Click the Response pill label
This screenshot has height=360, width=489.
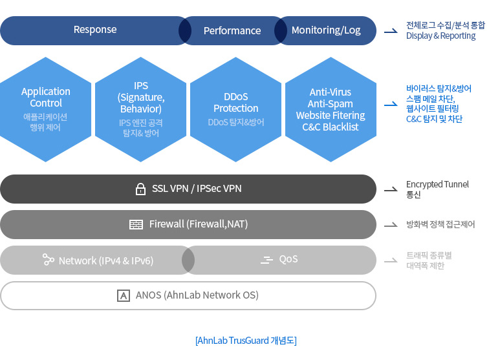95,30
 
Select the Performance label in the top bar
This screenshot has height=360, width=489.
232,30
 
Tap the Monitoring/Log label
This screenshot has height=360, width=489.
326,30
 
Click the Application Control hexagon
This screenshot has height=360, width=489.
45,109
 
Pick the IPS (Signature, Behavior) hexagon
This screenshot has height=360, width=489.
140,109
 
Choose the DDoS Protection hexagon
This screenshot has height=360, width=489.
235,109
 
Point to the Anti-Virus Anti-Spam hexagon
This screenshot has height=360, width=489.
331,109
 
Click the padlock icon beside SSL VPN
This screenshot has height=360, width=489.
140,189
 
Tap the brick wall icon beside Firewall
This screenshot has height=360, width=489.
136,224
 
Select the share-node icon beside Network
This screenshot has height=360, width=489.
49,259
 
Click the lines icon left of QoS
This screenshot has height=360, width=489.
266,260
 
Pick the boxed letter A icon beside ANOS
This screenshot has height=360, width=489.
124,295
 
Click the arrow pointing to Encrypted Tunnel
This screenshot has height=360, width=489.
391,189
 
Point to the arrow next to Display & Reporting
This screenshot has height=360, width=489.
391,31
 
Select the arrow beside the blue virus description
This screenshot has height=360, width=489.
391,104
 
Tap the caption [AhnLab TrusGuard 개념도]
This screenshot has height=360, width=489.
246,341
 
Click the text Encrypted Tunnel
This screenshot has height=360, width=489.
437,184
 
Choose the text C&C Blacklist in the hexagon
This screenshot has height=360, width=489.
331,127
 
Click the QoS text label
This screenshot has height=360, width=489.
288,259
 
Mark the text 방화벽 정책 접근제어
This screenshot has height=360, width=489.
440,224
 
